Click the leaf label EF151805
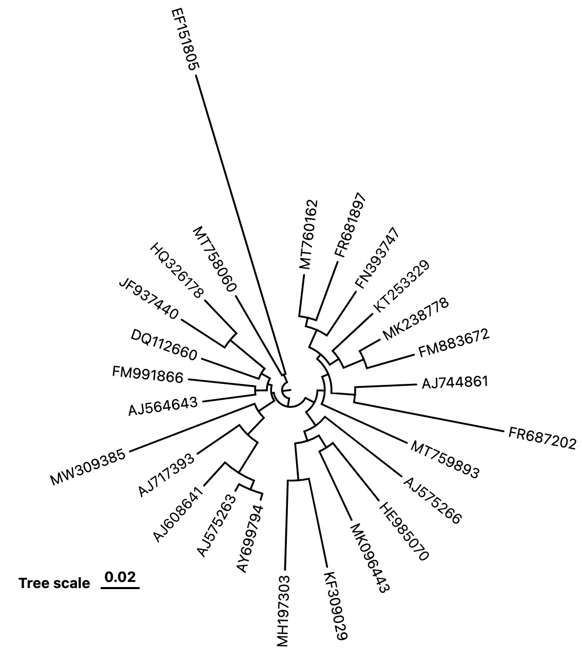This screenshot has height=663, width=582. [x=185, y=39]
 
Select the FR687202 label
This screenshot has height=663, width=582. [x=542, y=438]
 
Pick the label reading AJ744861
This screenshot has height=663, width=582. [x=455, y=382]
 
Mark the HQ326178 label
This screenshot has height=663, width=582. [x=177, y=270]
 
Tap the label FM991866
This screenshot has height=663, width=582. [x=147, y=375]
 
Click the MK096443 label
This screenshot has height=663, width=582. [x=368, y=558]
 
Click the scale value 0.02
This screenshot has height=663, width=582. [x=120, y=577]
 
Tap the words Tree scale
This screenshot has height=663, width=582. [x=54, y=583]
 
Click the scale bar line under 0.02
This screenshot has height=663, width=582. [x=120, y=588]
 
